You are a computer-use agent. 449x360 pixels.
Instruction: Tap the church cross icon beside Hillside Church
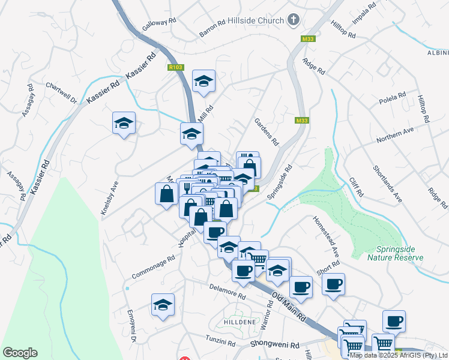(x=294, y=20)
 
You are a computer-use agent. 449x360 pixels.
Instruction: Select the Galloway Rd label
(x=159, y=24)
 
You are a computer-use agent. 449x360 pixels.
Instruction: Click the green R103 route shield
(x=176, y=68)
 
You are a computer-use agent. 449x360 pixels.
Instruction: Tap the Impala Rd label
(x=364, y=13)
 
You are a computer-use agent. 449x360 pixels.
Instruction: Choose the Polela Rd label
(x=393, y=98)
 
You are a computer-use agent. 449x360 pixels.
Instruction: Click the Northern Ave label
(x=396, y=135)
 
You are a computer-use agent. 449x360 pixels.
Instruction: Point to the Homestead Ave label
(x=326, y=234)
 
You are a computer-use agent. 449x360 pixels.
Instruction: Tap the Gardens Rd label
(x=267, y=131)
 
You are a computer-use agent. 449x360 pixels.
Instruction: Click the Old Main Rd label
(x=289, y=305)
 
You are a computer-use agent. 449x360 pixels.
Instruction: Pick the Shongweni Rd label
(x=275, y=346)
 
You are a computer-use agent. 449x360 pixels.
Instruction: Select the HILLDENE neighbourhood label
(x=240, y=321)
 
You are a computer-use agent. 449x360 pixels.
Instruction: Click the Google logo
(x=20, y=353)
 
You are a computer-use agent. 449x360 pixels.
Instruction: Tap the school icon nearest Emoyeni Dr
(x=163, y=305)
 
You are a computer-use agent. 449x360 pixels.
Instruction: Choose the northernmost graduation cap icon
(x=203, y=81)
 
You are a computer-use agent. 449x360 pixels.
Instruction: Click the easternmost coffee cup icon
(x=394, y=322)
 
